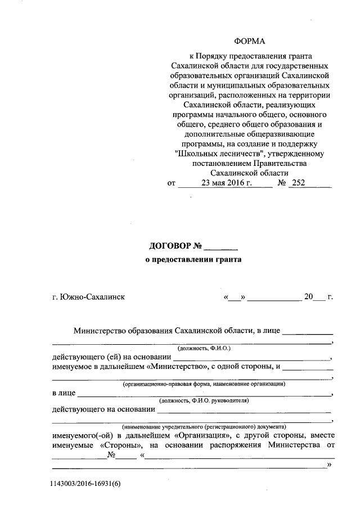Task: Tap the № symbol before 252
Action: coord(283,183)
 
